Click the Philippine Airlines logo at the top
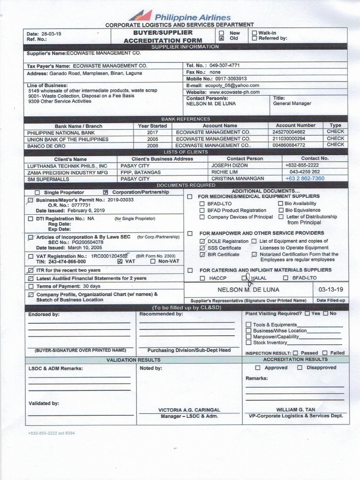(180, 16)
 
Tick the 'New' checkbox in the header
(222, 33)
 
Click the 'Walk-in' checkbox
(255, 33)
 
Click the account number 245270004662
(295, 132)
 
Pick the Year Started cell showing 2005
(152, 139)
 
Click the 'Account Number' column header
(295, 126)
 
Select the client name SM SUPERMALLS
(48, 179)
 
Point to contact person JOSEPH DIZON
(229, 165)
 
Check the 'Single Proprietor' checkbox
(37, 193)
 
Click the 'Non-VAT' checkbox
(153, 262)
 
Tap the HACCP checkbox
(202, 278)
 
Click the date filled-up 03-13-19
(330, 290)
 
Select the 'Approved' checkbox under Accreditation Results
(258, 367)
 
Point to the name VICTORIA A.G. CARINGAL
(189, 410)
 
